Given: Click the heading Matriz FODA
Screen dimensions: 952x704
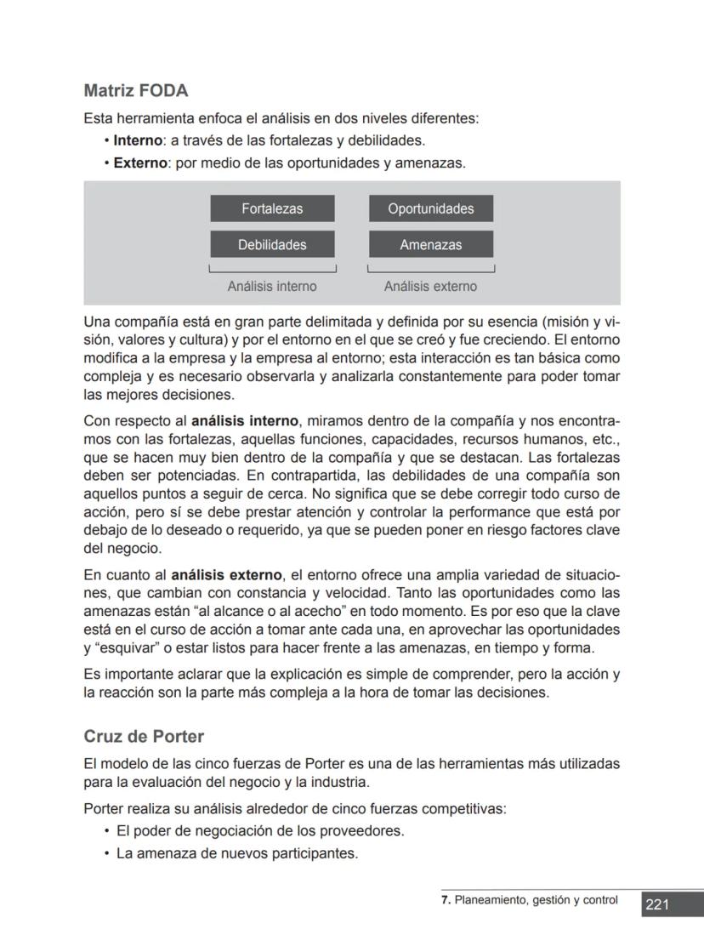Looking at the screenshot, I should (136, 90).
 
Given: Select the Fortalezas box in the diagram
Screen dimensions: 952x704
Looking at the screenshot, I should (272, 208).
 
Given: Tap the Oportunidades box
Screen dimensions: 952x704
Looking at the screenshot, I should (430, 208).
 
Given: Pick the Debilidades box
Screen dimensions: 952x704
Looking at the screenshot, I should (272, 244).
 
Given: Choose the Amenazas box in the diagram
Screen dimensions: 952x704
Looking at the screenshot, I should (430, 244).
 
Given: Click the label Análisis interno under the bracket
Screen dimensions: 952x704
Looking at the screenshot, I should (272, 287).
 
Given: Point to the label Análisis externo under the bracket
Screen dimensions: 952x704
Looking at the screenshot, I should (430, 287).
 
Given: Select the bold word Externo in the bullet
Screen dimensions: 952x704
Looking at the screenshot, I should (141, 162).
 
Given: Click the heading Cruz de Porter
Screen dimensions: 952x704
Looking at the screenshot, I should (144, 736).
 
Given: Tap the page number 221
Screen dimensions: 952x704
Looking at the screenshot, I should (657, 904).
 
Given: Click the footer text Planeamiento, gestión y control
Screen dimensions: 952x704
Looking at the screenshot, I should (537, 900).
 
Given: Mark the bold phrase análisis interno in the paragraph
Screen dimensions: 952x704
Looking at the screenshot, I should (245, 420).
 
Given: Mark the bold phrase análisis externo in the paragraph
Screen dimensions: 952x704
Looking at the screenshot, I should (227, 575).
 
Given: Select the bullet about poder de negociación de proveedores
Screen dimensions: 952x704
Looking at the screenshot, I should (259, 830).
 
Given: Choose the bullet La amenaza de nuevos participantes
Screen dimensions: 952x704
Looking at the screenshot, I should (236, 852).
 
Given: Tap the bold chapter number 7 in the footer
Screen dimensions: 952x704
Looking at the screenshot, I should (445, 900).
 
